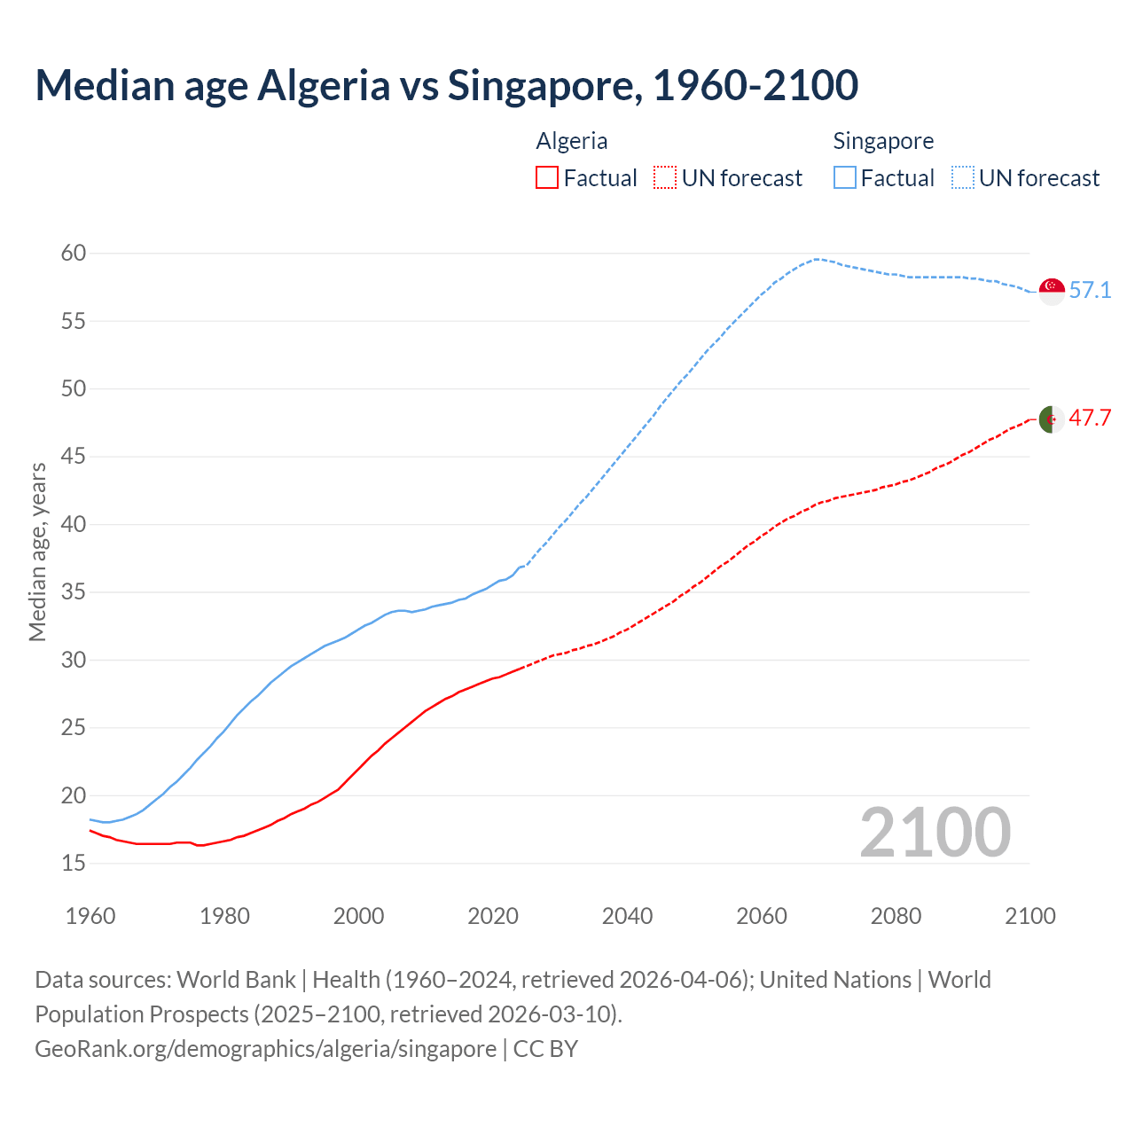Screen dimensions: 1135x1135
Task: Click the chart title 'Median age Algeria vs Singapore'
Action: point(446,85)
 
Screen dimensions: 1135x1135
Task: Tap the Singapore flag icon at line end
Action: point(1052,291)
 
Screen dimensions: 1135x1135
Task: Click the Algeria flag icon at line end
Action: point(1052,419)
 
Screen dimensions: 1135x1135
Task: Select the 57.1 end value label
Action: point(1090,291)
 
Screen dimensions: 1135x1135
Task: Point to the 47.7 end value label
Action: point(1090,419)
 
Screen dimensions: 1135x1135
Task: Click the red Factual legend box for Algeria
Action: point(547,178)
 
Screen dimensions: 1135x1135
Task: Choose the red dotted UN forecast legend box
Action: point(664,178)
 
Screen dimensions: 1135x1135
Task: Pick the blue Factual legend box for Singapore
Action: point(845,178)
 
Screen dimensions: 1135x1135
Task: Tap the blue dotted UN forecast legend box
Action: point(962,178)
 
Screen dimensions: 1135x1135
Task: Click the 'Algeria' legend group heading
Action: point(572,141)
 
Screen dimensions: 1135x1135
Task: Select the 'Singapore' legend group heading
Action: point(883,141)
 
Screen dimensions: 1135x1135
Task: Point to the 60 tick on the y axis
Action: point(74,254)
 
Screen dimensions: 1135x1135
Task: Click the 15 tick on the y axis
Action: point(74,863)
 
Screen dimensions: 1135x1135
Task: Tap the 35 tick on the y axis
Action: point(74,592)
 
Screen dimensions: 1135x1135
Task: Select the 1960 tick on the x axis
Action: point(90,916)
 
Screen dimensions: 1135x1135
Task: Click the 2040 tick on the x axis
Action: point(627,916)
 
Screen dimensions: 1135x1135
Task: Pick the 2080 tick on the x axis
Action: point(896,916)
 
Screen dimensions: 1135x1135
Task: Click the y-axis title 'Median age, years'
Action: point(37,552)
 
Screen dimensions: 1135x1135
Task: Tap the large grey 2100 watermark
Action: point(935,832)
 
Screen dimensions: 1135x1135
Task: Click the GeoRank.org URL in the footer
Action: point(265,1049)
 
